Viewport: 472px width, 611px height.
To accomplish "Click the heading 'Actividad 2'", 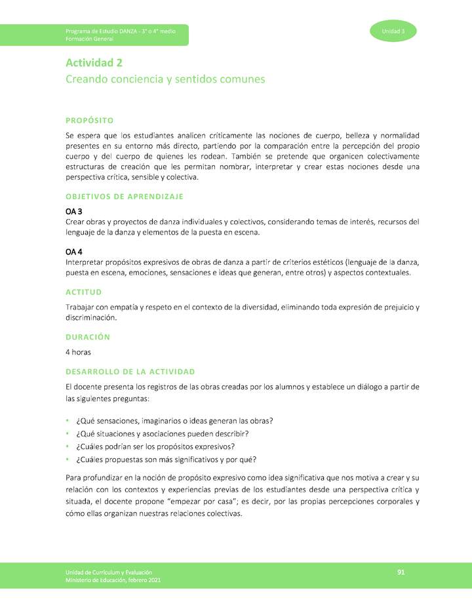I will click(94, 63).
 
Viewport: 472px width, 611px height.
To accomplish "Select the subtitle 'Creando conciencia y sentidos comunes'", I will click(165, 79).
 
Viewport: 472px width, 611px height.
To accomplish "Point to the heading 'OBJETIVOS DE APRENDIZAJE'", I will click(124, 196).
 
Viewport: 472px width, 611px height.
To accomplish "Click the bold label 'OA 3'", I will click(73, 211).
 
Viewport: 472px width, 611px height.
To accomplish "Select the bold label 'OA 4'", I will click(73, 252).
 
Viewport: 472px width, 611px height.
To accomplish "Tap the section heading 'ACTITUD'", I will click(83, 292).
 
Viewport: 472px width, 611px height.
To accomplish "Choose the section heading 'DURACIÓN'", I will click(87, 337).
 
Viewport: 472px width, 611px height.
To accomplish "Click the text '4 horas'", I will click(78, 352).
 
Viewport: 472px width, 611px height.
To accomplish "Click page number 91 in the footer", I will click(401, 573).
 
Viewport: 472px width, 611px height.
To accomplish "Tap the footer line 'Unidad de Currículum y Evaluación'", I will click(109, 573).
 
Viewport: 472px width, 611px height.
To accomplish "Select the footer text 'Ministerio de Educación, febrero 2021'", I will click(113, 580).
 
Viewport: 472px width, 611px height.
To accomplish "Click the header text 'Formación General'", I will click(89, 39).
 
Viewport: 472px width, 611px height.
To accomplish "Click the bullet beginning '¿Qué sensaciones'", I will click(174, 421).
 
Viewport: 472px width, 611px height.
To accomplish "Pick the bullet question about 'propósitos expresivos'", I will click(165, 446).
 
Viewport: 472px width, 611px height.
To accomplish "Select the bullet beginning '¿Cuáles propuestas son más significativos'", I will click(167, 459).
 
